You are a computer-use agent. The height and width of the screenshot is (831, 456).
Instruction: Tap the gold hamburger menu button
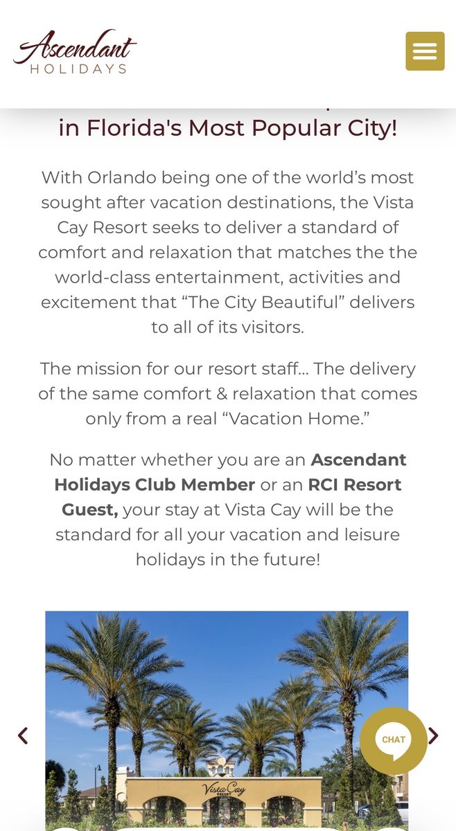(x=425, y=51)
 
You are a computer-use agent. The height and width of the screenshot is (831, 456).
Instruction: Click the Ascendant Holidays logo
(x=75, y=51)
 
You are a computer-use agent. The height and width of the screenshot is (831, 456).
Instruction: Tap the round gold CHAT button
(x=394, y=740)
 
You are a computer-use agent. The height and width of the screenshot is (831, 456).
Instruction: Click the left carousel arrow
(x=23, y=735)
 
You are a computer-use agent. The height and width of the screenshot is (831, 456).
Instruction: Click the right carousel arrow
(x=433, y=735)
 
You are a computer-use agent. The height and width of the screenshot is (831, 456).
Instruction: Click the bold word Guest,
(x=90, y=510)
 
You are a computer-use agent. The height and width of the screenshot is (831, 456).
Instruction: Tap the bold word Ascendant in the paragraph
(x=358, y=460)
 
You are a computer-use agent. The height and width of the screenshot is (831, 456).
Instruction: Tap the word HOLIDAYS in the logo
(x=78, y=69)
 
